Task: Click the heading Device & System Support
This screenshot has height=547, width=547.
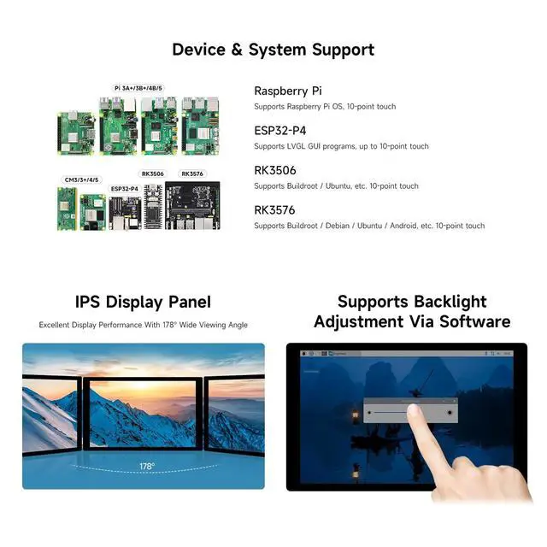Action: coord(273,49)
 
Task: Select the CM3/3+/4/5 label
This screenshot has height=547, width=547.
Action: coord(81,180)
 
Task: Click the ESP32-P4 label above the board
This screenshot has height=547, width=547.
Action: coord(124,188)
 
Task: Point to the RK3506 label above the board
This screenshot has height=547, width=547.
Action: coord(153,174)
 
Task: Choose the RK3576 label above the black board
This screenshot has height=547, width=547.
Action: coord(192,174)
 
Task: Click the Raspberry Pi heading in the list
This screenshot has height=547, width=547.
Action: coord(288,91)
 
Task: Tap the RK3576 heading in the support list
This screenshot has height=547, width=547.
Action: coord(274,209)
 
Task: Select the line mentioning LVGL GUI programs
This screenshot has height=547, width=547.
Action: coord(341,146)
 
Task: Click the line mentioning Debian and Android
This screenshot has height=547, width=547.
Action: coord(368,226)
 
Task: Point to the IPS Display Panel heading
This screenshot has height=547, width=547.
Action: coord(143,302)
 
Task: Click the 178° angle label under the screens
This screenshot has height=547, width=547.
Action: coord(146,467)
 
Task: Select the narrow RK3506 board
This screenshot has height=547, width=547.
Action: coord(153,206)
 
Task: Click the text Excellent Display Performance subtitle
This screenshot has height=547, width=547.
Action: coord(143,325)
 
